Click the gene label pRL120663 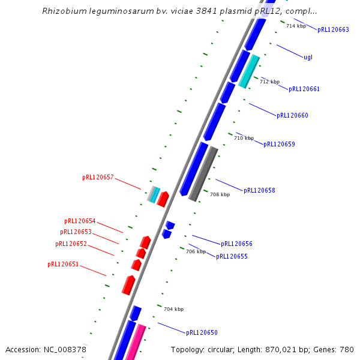[x=333, y=29]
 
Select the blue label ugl [x=308, y=58]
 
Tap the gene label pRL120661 [x=304, y=89]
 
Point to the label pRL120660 [x=292, y=115]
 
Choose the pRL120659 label [x=279, y=144]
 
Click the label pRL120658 [x=259, y=190]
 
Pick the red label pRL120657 [x=98, y=178]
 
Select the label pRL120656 [x=236, y=244]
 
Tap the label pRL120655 [x=232, y=256]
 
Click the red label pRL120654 [x=80, y=221]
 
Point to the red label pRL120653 [x=76, y=232]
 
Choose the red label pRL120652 [x=71, y=244]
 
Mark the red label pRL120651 [x=63, y=264]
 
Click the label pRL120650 [x=202, y=332]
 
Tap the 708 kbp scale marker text [x=220, y=194]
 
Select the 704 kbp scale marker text [x=173, y=309]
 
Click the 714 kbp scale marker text [x=296, y=26]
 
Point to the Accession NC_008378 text [x=46, y=349]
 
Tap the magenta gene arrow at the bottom [x=135, y=342]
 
